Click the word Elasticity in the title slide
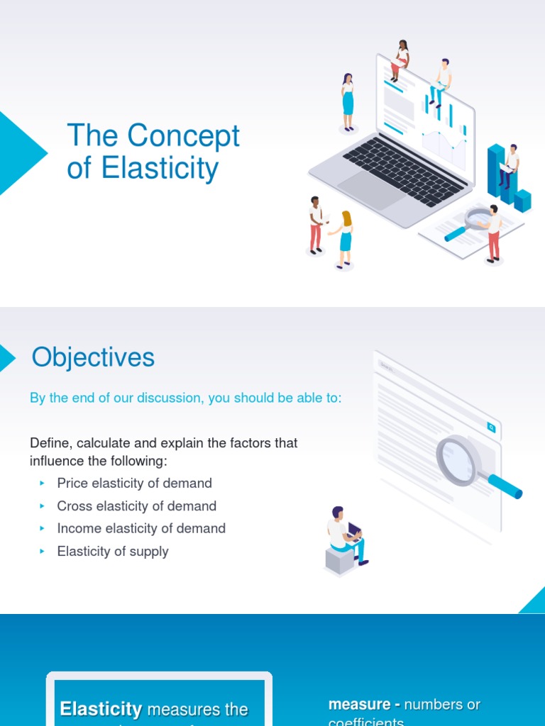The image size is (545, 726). coord(160,169)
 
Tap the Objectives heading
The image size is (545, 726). coord(93,357)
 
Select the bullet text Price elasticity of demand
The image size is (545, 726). coord(134,484)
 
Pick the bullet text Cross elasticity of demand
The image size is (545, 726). coord(136,506)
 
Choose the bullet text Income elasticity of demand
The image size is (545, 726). coord(141,529)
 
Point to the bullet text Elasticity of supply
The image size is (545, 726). coord(113,552)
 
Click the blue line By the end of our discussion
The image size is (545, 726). coord(185,398)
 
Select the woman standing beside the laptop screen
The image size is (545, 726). coord(348,101)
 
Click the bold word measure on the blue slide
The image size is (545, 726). coord(359,705)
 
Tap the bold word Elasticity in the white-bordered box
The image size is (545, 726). coord(101,709)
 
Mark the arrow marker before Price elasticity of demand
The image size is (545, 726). coord(42,484)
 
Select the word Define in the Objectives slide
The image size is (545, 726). coord(49,443)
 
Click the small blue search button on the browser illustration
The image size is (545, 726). coord(490,427)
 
